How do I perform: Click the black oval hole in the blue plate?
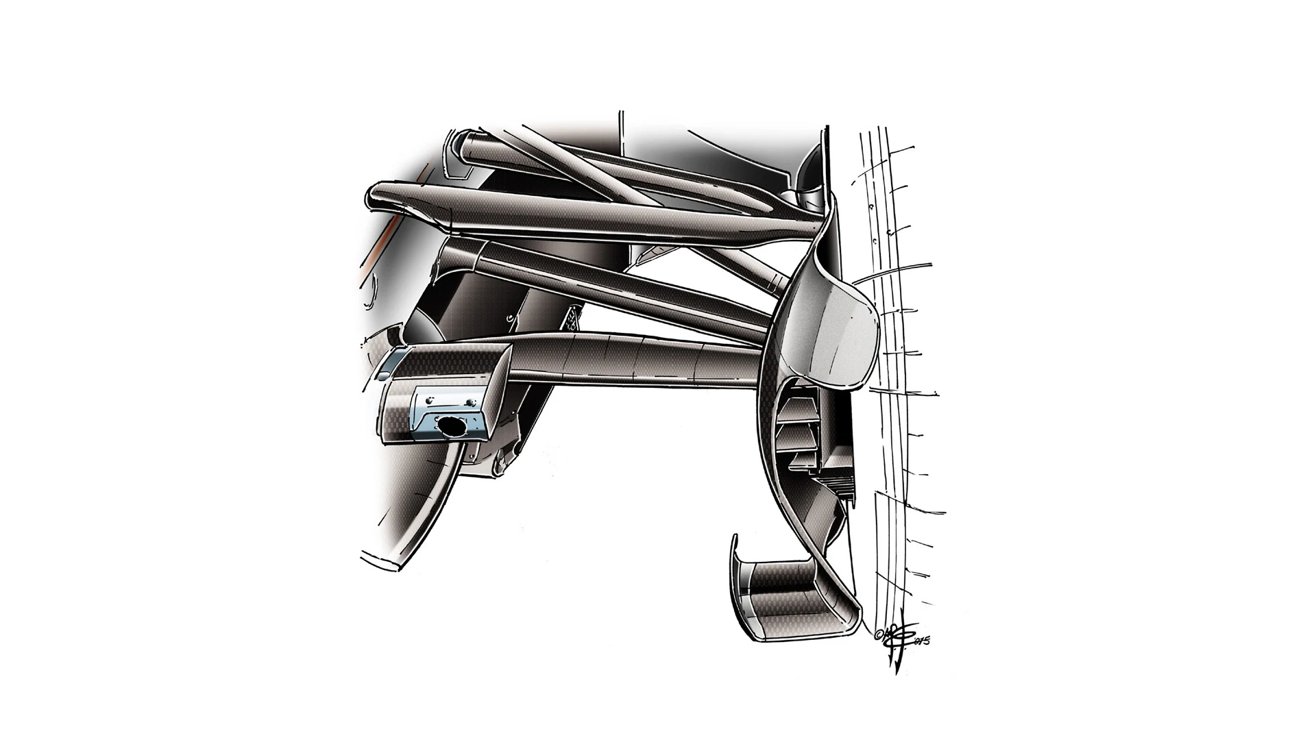click(x=450, y=427)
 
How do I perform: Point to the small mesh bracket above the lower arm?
click(x=573, y=318)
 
